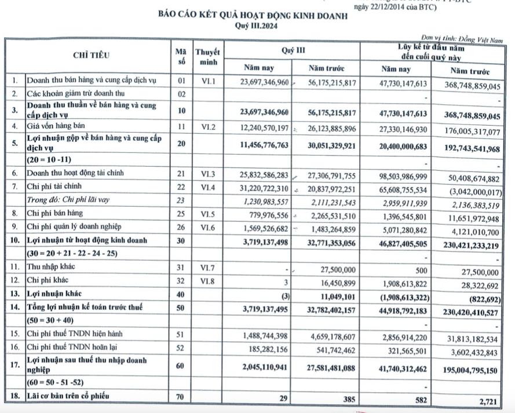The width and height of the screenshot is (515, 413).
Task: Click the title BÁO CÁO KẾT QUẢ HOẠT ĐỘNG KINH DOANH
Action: click(x=253, y=16)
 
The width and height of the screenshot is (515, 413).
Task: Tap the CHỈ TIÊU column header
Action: click(x=91, y=56)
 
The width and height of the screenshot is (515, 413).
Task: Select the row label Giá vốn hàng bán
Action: click(x=56, y=126)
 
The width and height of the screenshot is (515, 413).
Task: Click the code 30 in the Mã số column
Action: click(x=181, y=240)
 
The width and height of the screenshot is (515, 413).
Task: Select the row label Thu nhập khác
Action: click(x=52, y=267)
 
